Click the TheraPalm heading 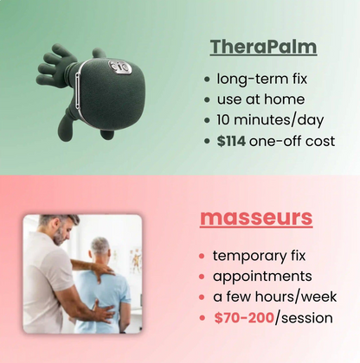pyautogui.click(x=263, y=46)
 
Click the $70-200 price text pyautogui.click(x=244, y=318)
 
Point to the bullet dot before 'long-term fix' pyautogui.click(x=206, y=79)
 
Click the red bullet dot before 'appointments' pyautogui.click(x=201, y=277)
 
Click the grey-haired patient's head pyautogui.click(x=100, y=251)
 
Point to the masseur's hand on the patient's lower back pyautogui.click(x=103, y=313)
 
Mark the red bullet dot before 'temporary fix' pyautogui.click(x=201, y=257)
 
